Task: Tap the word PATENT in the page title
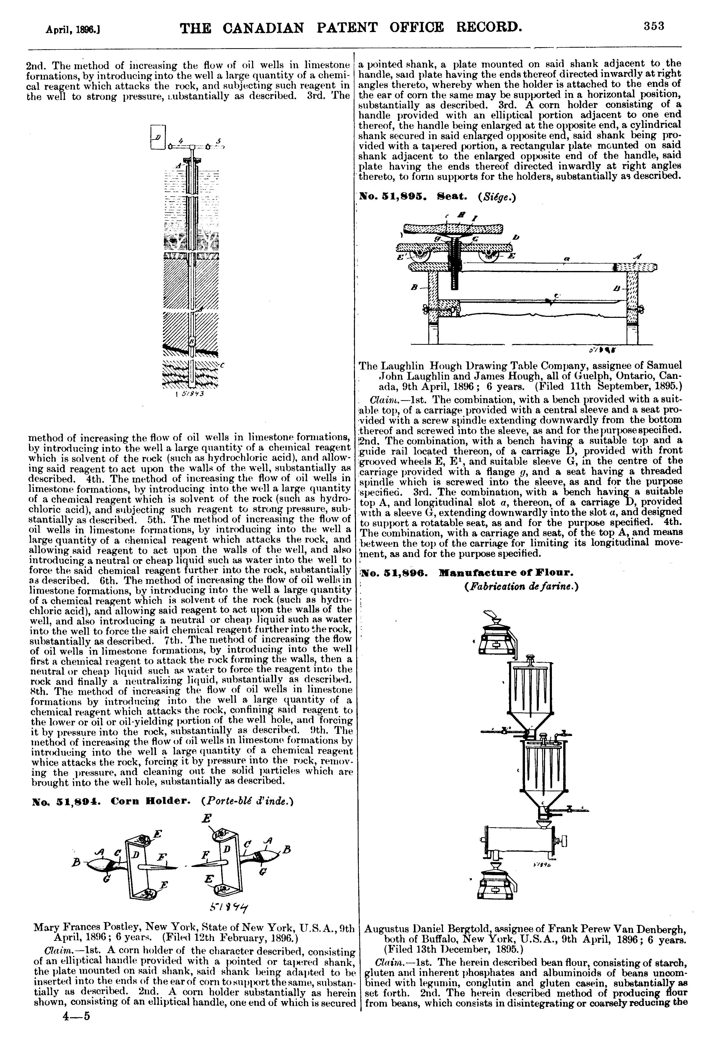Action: (x=347, y=28)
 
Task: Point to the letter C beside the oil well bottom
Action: (x=223, y=365)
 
